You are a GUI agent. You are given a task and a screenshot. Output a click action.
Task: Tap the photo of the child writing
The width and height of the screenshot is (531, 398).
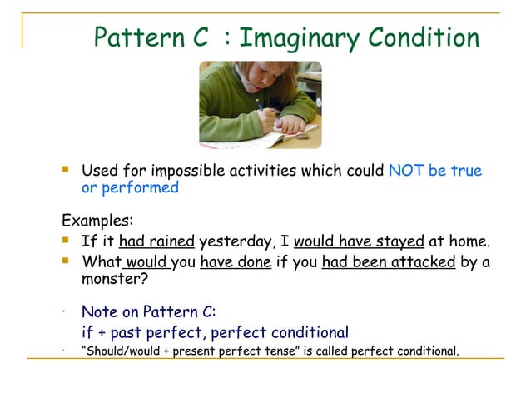(260, 105)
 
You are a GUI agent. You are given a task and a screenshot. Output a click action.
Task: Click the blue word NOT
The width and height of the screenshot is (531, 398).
(407, 171)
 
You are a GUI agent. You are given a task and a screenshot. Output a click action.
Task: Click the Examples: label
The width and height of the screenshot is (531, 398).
(97, 222)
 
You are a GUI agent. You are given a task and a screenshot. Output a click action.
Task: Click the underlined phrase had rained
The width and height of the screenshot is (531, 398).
(156, 242)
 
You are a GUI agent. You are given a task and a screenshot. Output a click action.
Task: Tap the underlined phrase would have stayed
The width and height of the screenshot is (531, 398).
(359, 242)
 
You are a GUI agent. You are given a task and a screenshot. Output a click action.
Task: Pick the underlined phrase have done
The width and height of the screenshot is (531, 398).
(237, 262)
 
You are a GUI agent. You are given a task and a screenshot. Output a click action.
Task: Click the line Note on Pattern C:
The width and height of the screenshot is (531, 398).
(148, 312)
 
